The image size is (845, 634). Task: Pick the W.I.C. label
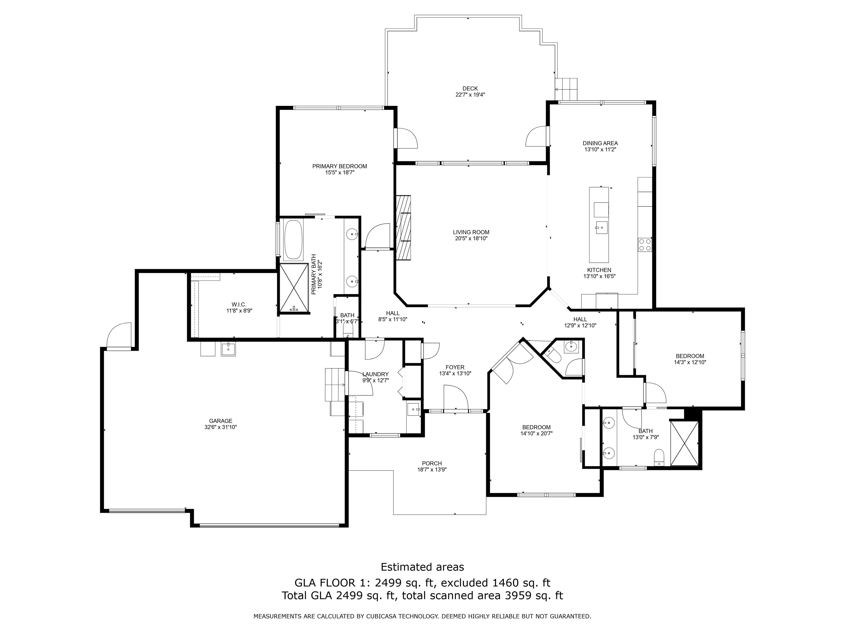(239, 305)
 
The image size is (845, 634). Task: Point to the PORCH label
(432, 464)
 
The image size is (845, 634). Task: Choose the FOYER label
(455, 367)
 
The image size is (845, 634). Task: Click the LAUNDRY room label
(376, 374)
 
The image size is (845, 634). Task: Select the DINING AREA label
(600, 143)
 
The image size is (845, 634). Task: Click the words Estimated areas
(422, 567)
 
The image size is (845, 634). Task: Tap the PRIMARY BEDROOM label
(340, 166)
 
